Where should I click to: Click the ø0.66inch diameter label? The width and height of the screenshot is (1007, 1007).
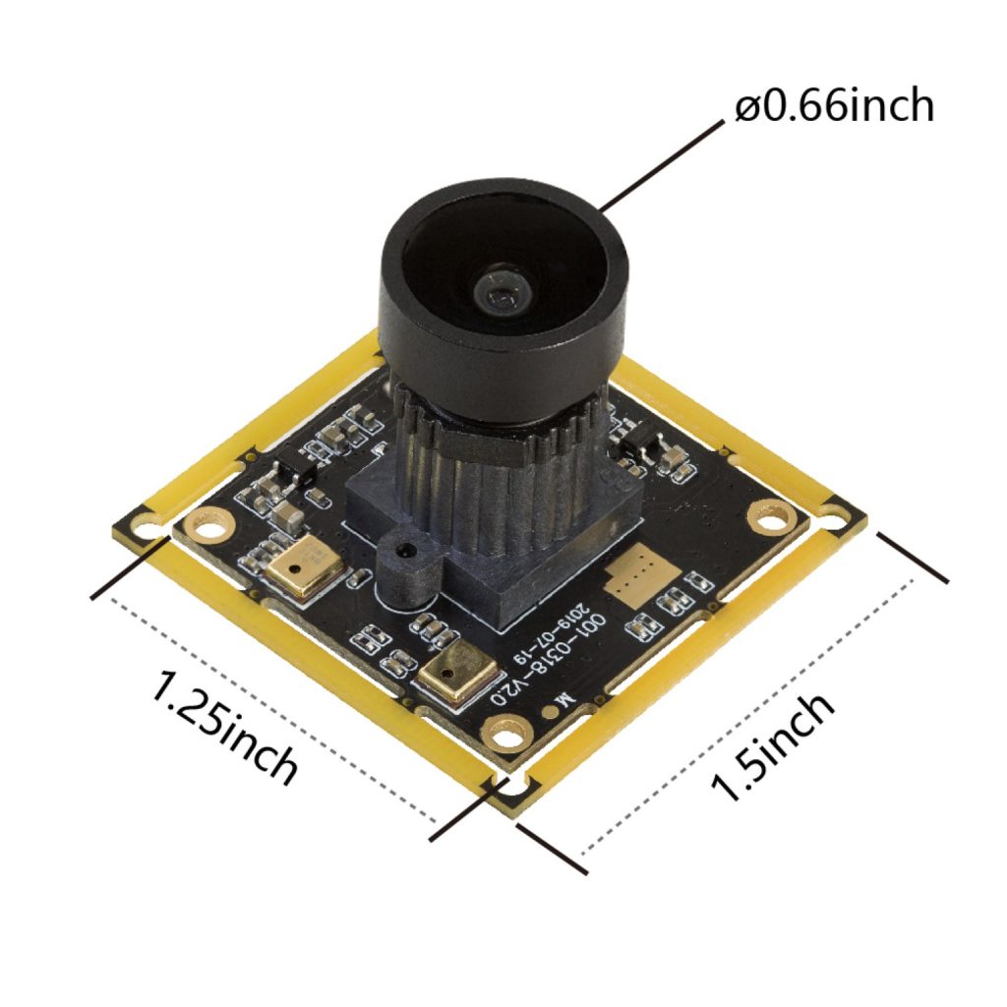coord(834,106)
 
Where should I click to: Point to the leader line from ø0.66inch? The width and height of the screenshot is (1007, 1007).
coord(659,166)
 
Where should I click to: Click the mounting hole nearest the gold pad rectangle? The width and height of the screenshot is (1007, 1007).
coord(768,513)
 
